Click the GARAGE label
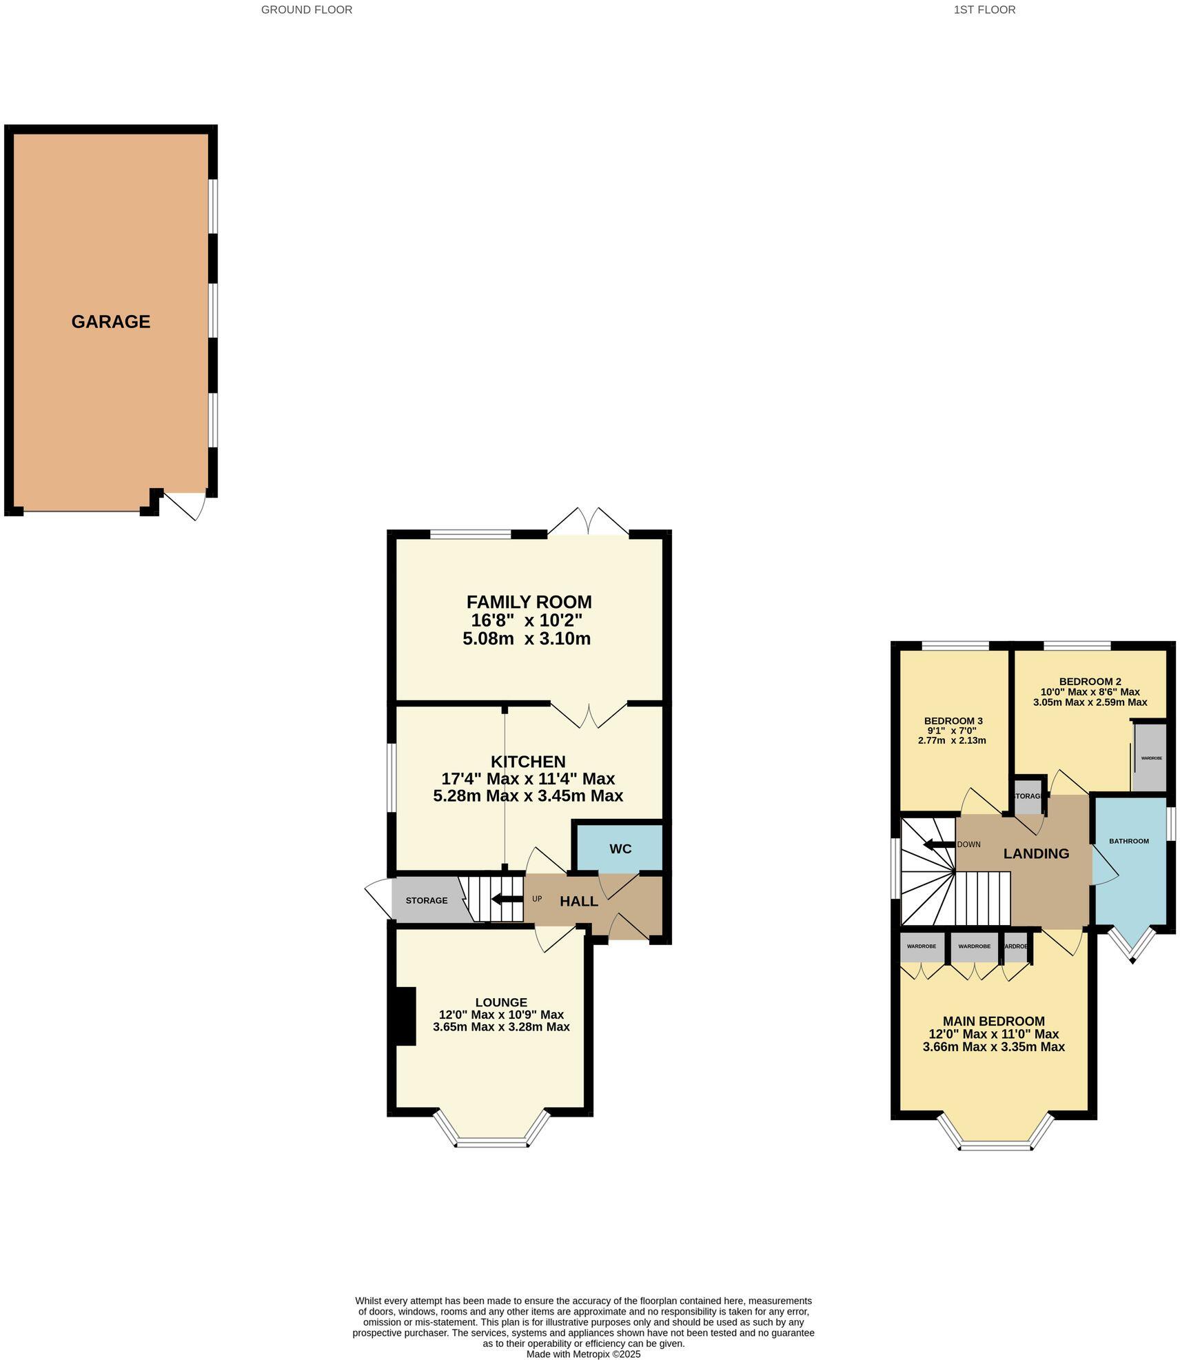(x=110, y=322)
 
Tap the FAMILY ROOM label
(x=529, y=602)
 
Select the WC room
(x=620, y=849)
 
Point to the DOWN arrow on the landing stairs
(x=937, y=844)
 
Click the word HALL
(x=578, y=901)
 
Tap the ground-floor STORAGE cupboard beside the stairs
(x=426, y=900)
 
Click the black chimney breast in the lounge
(x=405, y=1016)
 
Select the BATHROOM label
(x=1128, y=841)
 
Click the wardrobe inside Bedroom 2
(x=1150, y=758)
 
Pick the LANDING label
(x=1035, y=854)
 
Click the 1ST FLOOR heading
(x=984, y=10)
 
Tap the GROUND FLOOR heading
(x=306, y=10)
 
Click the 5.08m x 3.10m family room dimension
(x=527, y=638)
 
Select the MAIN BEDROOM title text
(x=993, y=1021)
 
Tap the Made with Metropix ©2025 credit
(x=583, y=1354)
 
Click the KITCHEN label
(x=528, y=762)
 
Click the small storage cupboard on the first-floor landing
(x=1028, y=797)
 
